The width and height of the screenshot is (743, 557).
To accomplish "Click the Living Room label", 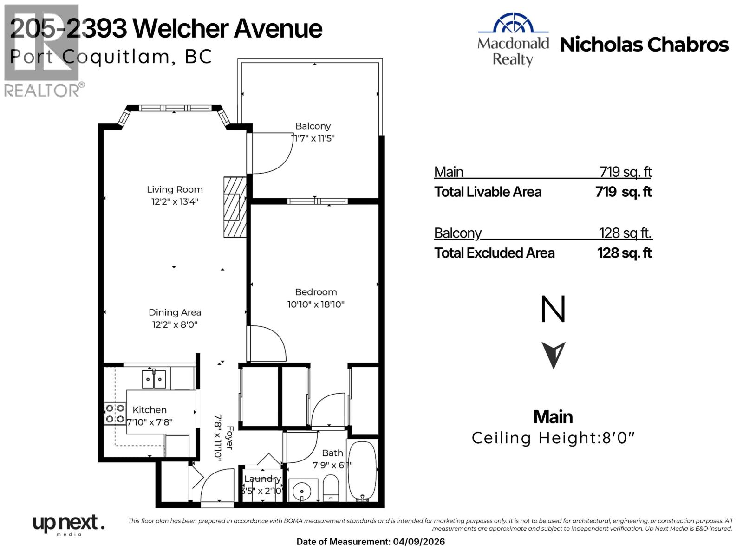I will pos(175,189).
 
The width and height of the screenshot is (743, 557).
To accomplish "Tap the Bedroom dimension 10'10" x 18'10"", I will pos(316,304).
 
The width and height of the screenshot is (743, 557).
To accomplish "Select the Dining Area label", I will pos(175,312).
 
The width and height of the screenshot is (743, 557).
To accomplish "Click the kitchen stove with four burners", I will pos(115,414).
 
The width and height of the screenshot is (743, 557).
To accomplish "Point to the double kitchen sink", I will pos(154,379).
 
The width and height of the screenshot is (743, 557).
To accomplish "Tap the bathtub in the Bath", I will pos(362,471).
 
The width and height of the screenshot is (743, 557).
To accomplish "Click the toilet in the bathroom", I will pos(331,487).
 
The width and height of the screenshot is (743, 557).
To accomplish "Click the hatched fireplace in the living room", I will pos(235,207).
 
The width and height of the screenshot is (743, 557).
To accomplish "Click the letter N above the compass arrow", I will pos(553,310).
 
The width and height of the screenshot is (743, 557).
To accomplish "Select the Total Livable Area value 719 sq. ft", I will pos(623,192).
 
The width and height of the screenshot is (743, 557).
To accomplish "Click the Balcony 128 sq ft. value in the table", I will pos(625,233).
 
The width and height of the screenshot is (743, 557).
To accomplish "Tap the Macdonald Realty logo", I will pos(513,39).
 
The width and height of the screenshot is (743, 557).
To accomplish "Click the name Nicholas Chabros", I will pos(644,45).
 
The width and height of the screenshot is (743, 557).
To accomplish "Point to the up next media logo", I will pos(68,525).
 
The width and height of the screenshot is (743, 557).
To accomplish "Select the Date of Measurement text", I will pos(371,542).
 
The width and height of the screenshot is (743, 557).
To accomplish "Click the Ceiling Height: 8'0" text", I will pos(553,438).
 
